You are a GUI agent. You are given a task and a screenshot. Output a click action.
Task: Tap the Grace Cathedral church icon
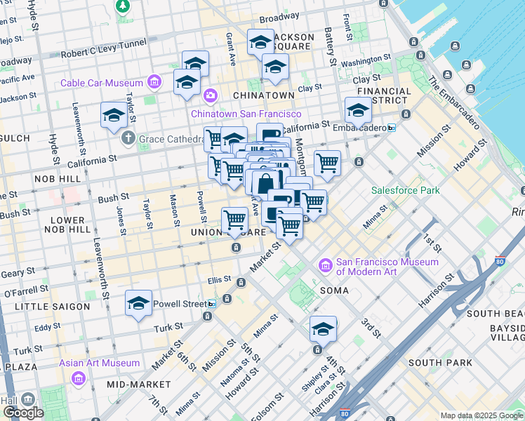(x=128, y=138)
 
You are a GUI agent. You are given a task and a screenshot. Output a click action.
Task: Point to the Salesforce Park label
(x=405, y=190)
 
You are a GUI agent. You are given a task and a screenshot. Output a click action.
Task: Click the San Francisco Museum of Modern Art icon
(x=326, y=265)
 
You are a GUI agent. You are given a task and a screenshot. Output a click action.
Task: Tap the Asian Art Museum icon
(x=78, y=379)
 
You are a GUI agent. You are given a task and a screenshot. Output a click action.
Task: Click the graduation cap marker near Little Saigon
(x=139, y=303)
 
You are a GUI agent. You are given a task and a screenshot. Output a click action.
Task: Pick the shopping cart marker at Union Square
(x=235, y=222)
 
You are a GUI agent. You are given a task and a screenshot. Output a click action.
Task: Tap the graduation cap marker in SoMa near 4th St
(x=323, y=328)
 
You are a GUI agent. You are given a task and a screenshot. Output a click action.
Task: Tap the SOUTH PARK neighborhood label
(x=434, y=363)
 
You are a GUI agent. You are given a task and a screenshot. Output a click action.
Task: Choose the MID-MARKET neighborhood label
(x=138, y=385)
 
